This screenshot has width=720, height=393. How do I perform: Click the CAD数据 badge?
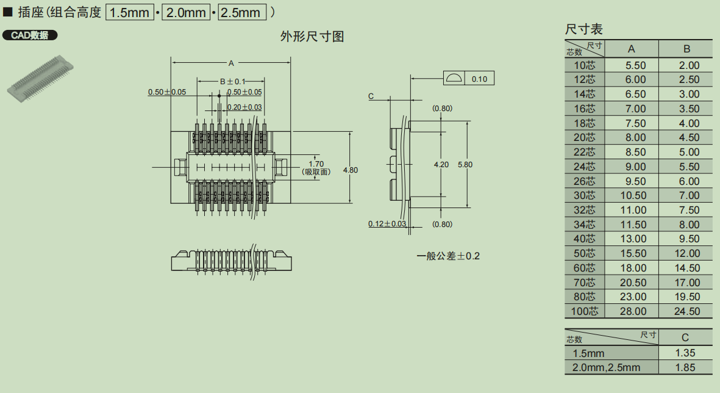[30, 35]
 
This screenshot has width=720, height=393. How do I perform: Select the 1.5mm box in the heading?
[130, 12]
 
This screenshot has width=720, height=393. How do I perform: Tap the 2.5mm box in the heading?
[242, 12]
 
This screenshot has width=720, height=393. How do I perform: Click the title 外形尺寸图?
[312, 37]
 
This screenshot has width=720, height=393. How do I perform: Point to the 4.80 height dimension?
[351, 170]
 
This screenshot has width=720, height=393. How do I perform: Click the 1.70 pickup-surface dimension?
[316, 164]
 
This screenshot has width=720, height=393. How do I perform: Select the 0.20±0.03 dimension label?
[244, 107]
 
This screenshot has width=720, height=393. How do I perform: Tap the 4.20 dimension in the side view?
[441, 165]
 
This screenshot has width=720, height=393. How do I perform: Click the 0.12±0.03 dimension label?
[387, 224]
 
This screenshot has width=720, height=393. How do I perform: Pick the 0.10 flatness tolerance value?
[479, 79]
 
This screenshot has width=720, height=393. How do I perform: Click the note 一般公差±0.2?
[448, 256]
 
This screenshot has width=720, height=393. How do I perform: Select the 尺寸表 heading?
[583, 29]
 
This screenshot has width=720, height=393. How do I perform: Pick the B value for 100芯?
[686, 311]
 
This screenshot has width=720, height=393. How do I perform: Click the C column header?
[685, 337]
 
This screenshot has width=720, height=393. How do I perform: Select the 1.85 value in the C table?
[685, 367]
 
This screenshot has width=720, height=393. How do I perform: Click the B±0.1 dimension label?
[232, 81]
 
